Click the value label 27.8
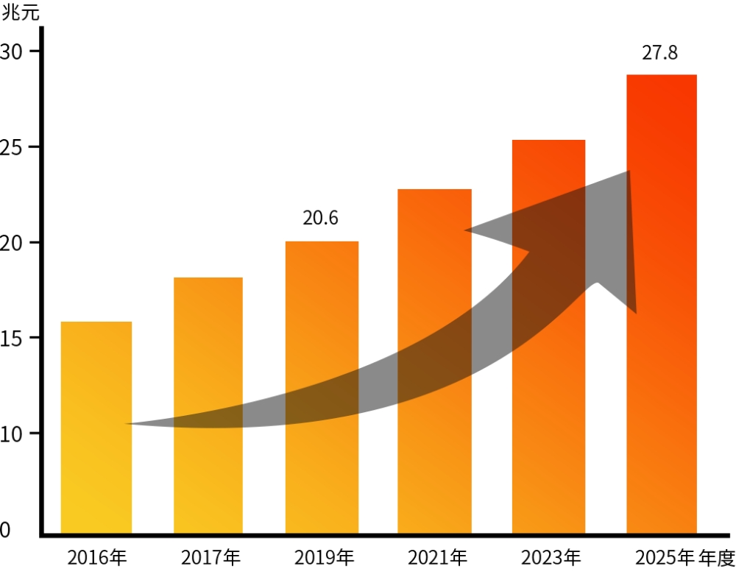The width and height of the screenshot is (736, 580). click(x=659, y=54)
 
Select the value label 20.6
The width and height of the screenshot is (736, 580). click(x=321, y=219)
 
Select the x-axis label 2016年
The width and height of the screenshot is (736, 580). click(x=96, y=558)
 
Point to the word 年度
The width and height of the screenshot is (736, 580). click(x=717, y=558)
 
